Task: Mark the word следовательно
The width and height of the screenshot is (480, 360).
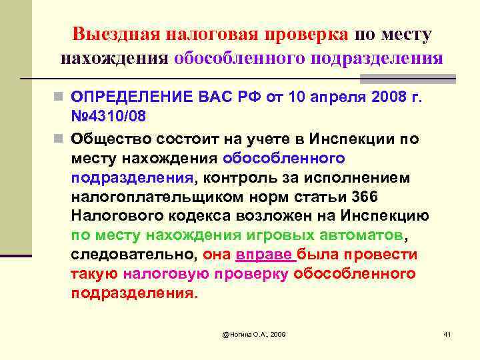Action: (x=133, y=255)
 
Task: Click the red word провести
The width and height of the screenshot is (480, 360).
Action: (x=387, y=255)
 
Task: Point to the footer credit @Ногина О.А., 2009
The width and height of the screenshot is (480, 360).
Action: (x=254, y=333)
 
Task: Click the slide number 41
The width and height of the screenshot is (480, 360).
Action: (x=447, y=333)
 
